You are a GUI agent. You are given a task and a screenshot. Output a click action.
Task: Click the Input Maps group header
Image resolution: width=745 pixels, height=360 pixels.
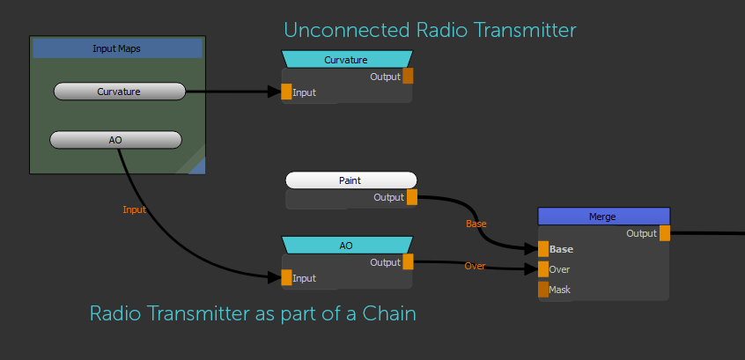[117, 48]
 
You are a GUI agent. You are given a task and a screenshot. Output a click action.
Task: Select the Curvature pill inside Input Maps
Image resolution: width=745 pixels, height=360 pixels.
[119, 92]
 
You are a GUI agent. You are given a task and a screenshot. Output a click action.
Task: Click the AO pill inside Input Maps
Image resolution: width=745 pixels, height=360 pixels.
[115, 140]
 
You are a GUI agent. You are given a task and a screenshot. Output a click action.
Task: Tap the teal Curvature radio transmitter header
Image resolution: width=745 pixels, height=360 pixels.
[346, 60]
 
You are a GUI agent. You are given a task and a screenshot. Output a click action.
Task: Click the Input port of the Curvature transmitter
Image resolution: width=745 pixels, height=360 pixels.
[286, 92]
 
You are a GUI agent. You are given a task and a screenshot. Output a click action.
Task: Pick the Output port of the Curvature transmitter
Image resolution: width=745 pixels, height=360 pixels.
[408, 77]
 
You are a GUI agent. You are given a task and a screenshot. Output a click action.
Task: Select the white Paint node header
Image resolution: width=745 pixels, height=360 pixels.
[350, 180]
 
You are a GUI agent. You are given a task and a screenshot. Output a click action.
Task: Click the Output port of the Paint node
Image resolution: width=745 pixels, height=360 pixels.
[412, 197]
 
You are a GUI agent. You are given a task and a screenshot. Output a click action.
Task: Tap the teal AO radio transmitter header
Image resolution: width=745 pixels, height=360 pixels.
[346, 246]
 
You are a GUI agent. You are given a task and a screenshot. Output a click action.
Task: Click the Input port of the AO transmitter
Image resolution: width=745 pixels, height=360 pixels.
[286, 278]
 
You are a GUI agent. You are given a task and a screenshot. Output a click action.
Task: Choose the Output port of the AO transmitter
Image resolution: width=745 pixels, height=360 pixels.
[408, 261]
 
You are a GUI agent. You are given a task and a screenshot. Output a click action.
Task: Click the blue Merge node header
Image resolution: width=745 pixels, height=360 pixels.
[603, 217]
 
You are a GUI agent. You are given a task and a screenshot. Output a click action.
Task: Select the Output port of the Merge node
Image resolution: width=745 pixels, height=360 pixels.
[665, 233]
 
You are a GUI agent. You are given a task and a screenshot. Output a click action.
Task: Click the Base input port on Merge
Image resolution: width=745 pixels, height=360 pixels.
[543, 249]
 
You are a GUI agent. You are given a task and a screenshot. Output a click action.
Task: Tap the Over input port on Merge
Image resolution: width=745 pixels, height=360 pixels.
[543, 269]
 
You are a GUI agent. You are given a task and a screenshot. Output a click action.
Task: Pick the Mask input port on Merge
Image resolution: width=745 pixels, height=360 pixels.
[543, 290]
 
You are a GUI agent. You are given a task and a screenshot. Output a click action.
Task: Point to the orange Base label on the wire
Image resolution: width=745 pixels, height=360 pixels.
[476, 224]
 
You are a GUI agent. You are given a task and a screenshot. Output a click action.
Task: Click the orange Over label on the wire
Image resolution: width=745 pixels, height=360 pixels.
[475, 266]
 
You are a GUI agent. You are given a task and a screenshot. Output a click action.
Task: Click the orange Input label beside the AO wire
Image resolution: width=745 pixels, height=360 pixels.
[134, 209]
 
